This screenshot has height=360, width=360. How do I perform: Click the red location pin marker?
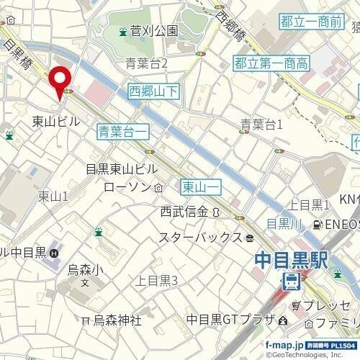pos(58,81)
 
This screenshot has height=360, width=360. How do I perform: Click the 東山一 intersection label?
pos(200,186)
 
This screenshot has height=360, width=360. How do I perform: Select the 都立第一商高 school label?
pos(271,63)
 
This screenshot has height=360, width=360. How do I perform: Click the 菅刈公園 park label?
pos(153,31)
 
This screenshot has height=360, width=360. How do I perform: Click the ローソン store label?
pos(129,187)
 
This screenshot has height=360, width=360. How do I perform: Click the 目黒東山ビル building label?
pos(121,169)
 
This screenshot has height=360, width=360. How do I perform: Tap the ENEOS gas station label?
pos(341,225)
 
